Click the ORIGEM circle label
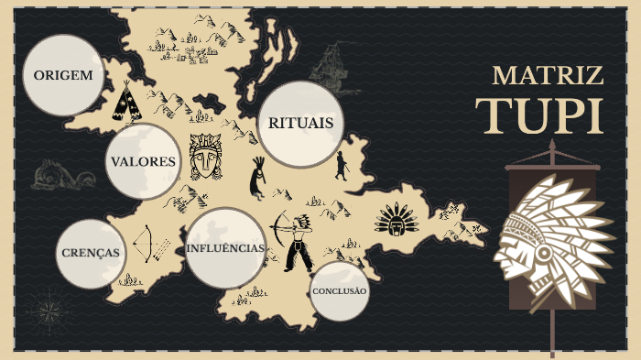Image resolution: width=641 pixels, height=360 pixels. (x=63, y=75)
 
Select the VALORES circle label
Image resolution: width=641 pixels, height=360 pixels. (x=143, y=161)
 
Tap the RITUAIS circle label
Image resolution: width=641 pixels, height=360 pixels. (x=299, y=124)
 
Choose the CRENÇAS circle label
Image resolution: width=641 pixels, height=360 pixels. (x=91, y=253)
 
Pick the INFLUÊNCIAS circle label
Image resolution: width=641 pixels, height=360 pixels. (x=225, y=248)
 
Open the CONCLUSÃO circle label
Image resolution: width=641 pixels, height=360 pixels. (x=339, y=291)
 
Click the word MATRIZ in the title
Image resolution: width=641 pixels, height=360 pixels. (x=548, y=75)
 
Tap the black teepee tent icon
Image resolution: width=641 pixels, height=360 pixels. (x=126, y=103)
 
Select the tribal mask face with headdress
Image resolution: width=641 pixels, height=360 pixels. (x=205, y=157)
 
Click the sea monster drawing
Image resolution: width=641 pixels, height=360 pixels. (x=62, y=174)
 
